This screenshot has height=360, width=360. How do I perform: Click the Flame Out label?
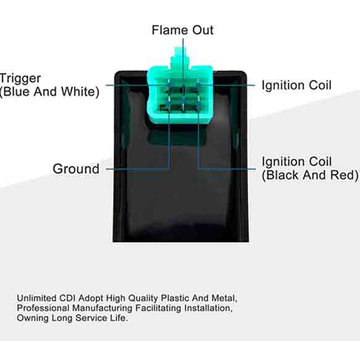(x=183, y=30)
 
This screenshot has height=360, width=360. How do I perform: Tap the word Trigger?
(x=20, y=79)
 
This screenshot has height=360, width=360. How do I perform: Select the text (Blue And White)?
(x=49, y=91)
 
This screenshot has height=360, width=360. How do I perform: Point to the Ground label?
(x=76, y=169)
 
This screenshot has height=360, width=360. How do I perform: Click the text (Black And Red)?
(x=310, y=175)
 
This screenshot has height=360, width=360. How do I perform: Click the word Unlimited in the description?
(x=36, y=298)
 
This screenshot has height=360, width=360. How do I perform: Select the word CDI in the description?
(x=67, y=298)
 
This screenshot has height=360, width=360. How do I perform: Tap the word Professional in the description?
(x=43, y=308)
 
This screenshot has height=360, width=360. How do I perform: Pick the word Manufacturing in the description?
(x=102, y=308)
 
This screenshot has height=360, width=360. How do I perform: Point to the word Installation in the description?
(x=209, y=308)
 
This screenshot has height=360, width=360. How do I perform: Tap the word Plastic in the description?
(x=175, y=298)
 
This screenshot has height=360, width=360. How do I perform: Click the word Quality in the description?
(x=143, y=298)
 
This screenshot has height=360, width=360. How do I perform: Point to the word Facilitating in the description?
(x=158, y=308)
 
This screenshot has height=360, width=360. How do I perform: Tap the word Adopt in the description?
(x=91, y=298)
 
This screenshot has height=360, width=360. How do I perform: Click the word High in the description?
(x=115, y=298)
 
